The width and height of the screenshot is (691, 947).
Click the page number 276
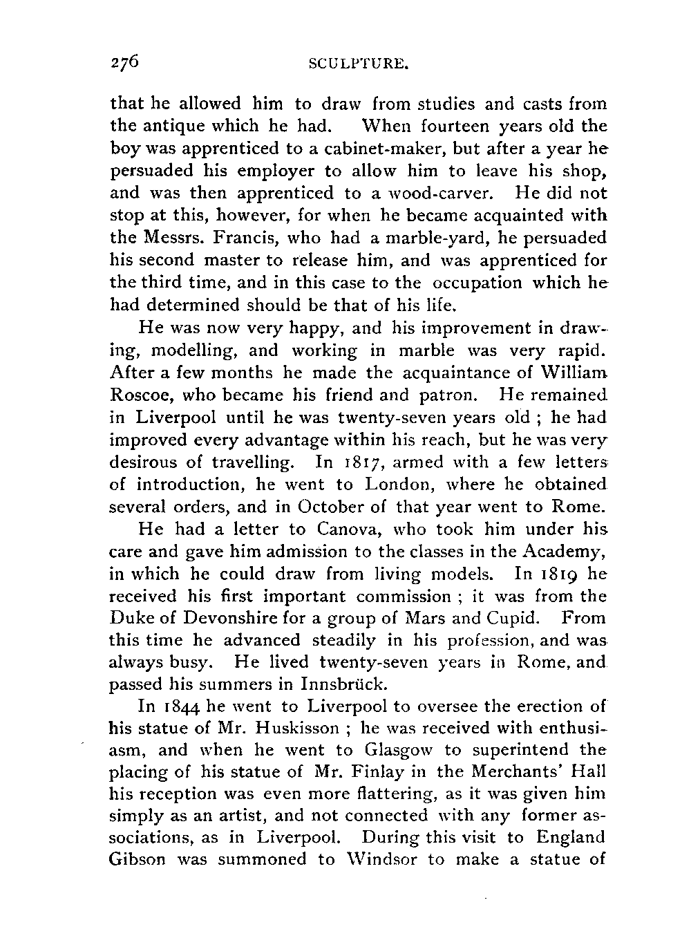pyautogui.click(x=125, y=62)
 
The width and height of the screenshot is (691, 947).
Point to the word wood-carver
pyautogui.click(x=434, y=193)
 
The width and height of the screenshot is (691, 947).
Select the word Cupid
pyautogui.click(x=522, y=618)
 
